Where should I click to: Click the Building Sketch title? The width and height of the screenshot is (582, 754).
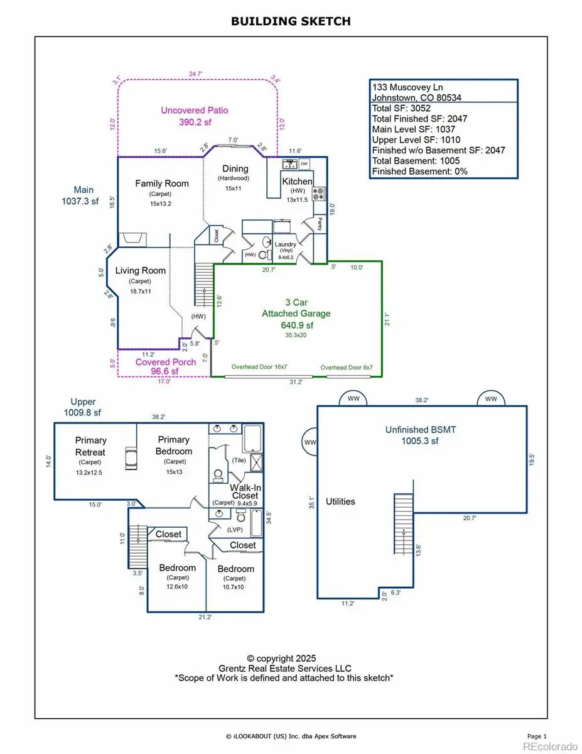point(291,21)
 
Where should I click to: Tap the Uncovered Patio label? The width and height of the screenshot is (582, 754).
point(195,111)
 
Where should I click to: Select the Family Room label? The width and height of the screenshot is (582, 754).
point(162,183)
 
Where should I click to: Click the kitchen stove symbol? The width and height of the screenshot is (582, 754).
point(318,194)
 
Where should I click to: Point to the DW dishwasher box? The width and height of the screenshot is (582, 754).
point(304,164)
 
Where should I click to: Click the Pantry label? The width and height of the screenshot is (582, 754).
point(320,224)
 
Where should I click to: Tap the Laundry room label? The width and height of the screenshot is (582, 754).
point(285,244)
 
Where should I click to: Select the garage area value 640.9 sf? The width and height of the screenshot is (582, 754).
point(297,325)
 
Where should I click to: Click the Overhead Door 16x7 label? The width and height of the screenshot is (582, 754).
point(259,367)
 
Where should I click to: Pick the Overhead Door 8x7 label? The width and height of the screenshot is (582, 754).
point(347,368)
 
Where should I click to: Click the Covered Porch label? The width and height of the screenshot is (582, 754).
point(166,362)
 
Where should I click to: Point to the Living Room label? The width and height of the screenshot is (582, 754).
point(141,270)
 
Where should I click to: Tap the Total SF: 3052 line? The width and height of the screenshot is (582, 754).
point(401,108)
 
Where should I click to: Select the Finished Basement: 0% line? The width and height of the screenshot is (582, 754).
point(420,172)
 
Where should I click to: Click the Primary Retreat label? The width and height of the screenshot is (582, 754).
point(90,446)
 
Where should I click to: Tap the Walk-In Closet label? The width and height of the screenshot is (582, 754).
point(245,491)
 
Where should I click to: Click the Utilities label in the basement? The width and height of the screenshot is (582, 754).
point(340,501)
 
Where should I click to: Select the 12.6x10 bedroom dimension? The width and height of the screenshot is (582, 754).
point(177,587)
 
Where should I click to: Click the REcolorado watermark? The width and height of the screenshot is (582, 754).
point(551,746)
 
